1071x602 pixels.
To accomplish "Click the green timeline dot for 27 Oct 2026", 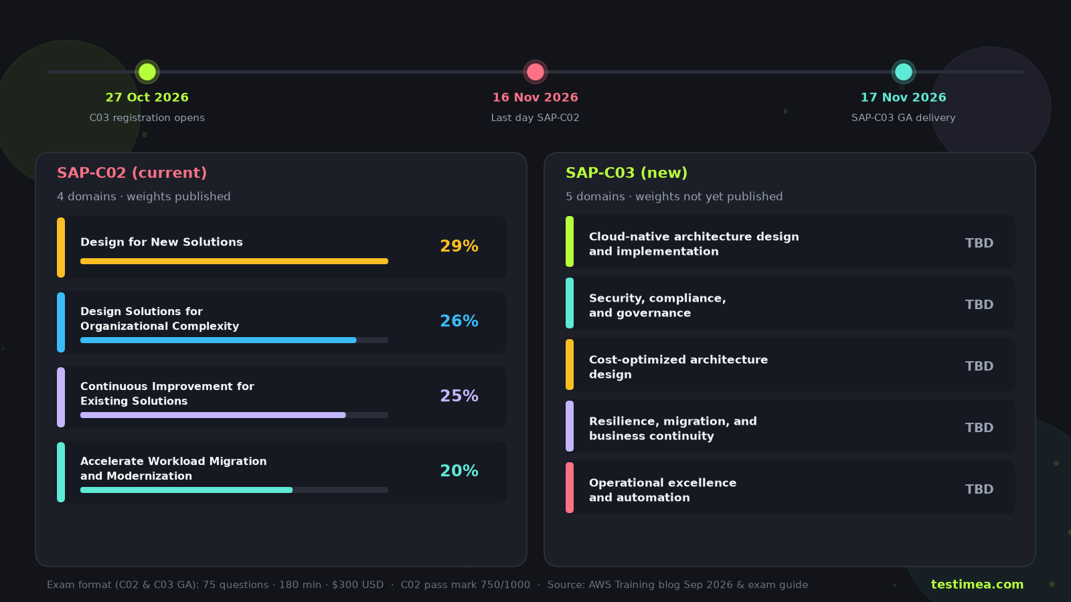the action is point(147,72).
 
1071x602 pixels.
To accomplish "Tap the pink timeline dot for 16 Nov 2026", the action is point(535,72).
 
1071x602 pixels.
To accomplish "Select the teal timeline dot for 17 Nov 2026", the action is point(903,72).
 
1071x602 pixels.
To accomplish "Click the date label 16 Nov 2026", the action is point(535,98).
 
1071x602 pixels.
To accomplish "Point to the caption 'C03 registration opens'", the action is point(147,118).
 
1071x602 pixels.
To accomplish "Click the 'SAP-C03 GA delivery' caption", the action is point(903,118).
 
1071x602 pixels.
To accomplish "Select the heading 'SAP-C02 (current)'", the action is point(132,173).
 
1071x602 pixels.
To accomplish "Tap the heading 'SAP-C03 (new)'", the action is point(627,173).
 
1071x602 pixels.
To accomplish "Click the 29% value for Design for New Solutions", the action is point(459,246).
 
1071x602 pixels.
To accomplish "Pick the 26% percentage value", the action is point(459,321).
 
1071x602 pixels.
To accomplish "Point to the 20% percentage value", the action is point(459,471).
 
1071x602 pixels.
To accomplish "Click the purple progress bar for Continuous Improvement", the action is point(213,415).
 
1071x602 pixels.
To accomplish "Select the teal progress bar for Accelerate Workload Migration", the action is point(187,490).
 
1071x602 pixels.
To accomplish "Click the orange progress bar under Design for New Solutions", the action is point(234,262).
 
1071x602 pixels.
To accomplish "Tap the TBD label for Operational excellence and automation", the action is point(979,489).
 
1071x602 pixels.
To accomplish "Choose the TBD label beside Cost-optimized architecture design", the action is point(979,367).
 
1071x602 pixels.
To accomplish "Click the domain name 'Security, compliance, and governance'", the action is point(657,306).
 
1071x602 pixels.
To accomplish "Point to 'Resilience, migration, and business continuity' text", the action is point(673,429).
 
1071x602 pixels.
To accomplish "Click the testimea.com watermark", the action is point(977,585).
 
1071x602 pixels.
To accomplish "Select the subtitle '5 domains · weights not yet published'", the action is point(674,197).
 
